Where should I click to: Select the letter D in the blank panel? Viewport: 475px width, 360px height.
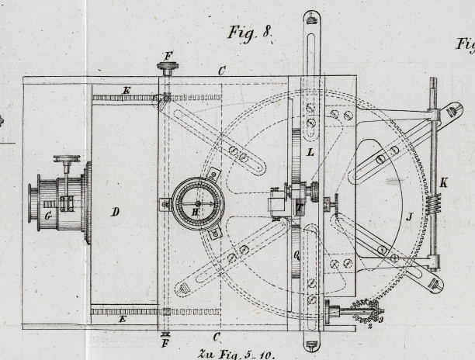coord(115,211)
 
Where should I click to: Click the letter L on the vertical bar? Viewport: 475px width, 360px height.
coord(310,153)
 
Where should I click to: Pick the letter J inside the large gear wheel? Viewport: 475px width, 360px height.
coord(408,216)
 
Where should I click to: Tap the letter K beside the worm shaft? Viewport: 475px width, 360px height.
coord(443,182)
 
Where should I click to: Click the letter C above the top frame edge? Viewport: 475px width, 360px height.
coord(222,71)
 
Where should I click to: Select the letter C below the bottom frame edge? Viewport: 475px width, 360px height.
coord(217,337)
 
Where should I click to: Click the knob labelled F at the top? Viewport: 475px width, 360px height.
coord(167,66)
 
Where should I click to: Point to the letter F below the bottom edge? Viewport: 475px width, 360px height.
coord(165,342)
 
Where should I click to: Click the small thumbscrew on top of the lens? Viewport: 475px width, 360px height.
coord(67,161)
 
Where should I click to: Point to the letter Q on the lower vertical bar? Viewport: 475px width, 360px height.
coord(296,253)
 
